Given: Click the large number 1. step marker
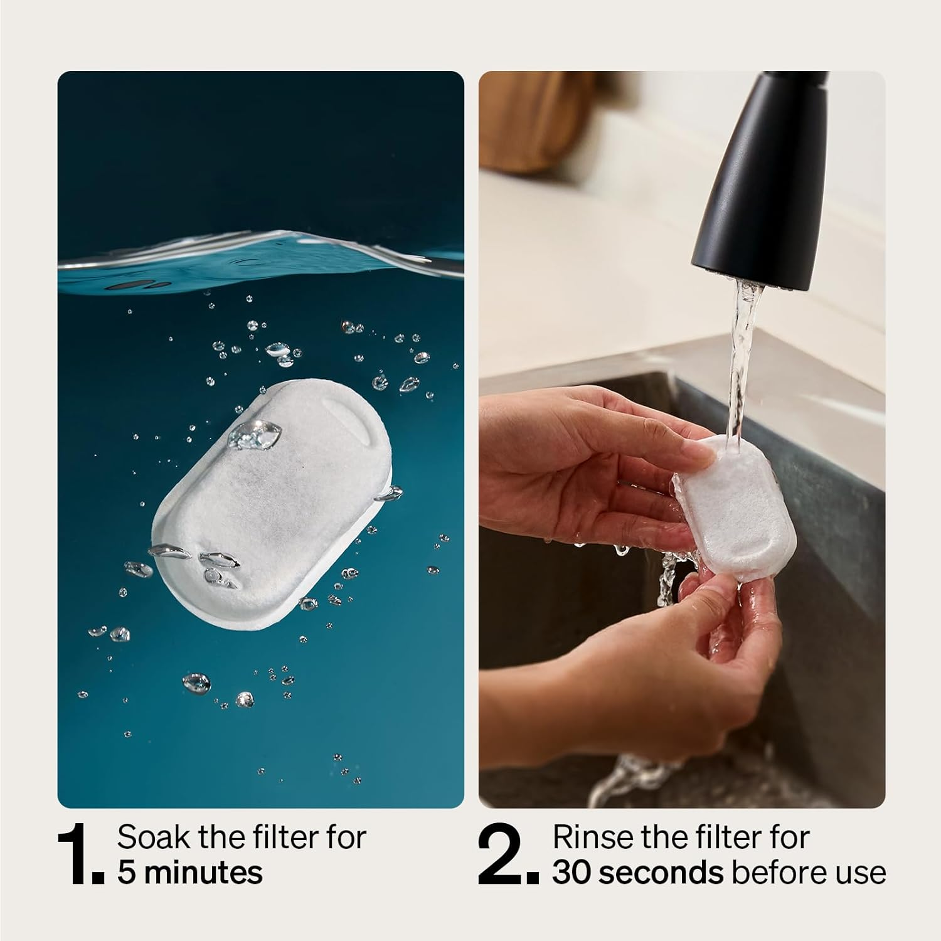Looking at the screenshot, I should tap(78, 855).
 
